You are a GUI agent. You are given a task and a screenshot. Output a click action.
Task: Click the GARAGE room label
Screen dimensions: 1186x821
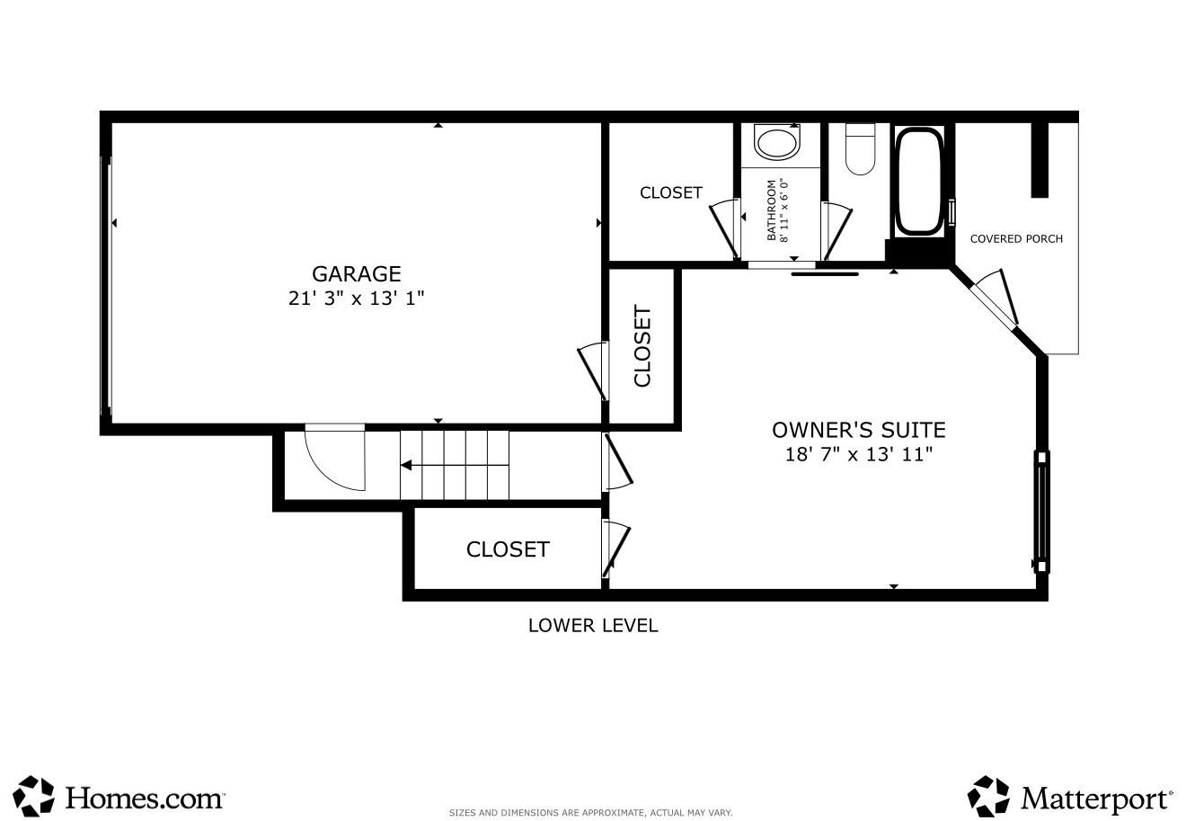click(x=357, y=274)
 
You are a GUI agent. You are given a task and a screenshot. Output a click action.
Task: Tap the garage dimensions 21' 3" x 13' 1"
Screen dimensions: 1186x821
click(x=357, y=299)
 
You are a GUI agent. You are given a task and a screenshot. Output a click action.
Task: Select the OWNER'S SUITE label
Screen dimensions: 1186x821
click(x=859, y=430)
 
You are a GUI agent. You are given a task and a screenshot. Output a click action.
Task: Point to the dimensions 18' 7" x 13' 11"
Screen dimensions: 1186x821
click(x=859, y=454)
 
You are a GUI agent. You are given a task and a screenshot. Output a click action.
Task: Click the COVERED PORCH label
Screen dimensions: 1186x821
click(x=1016, y=239)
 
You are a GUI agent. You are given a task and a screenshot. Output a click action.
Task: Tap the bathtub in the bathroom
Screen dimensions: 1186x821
click(x=919, y=182)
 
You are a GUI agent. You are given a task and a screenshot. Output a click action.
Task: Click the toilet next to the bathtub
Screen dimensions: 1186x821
click(x=860, y=149)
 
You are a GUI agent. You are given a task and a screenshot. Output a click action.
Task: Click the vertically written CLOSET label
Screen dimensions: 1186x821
click(x=642, y=346)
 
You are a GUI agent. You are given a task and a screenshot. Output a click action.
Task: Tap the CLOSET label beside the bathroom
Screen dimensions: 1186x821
click(x=671, y=193)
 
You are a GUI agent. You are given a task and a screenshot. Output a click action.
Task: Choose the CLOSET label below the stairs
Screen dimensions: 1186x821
click(x=508, y=549)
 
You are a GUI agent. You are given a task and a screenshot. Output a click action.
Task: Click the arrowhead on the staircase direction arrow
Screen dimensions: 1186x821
click(x=405, y=466)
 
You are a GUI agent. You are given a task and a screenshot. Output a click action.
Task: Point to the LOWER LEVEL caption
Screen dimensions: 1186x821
click(x=593, y=626)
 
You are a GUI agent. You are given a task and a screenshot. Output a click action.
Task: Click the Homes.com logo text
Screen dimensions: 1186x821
click(x=144, y=797)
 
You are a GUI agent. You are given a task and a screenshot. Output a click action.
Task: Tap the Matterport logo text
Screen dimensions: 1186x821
click(x=1096, y=799)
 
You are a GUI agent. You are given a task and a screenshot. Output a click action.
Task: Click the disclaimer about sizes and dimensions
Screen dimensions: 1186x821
click(x=590, y=813)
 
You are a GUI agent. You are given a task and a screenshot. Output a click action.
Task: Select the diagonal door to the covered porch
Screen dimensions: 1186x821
click(x=994, y=300)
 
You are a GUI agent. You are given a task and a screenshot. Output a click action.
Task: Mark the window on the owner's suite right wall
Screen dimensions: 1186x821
click(x=1041, y=512)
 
